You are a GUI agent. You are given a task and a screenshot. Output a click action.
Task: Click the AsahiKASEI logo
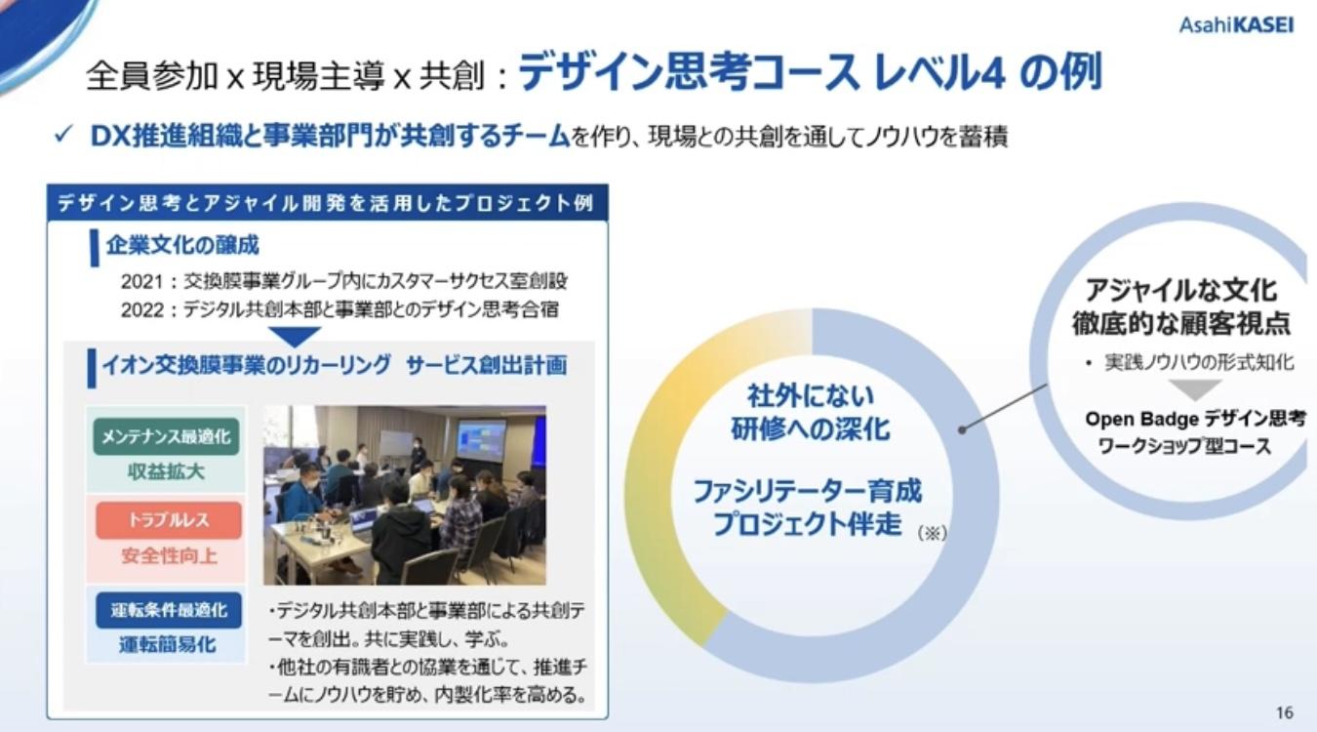pos(1236,24)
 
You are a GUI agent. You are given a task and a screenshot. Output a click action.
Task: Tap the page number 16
pos(1284,712)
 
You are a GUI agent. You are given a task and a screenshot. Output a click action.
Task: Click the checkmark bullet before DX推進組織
pos(62,136)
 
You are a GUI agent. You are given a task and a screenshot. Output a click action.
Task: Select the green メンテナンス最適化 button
pos(168,436)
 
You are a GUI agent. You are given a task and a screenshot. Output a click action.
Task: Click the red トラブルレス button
pos(168,521)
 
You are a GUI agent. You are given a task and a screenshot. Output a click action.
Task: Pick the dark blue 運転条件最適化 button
pos(168,610)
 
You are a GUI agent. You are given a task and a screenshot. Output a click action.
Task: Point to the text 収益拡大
pos(167,472)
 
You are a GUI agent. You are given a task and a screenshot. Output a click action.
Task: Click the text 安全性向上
pos(168,557)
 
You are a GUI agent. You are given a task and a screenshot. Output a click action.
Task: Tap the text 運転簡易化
pos(168,645)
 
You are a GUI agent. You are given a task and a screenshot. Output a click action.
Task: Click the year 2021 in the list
pos(140,281)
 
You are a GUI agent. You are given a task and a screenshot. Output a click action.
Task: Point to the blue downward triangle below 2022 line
pos(293,336)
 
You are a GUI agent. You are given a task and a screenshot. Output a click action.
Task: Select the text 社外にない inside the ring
pos(811,396)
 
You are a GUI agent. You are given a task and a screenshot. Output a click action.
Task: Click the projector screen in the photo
pos(482,440)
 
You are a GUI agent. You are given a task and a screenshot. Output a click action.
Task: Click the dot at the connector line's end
pos(963,428)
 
